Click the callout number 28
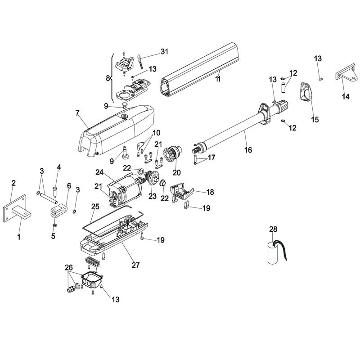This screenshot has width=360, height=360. (x=273, y=230)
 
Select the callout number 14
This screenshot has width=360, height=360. (x=346, y=96)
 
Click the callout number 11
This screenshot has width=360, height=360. (x=218, y=79)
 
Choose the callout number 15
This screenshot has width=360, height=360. (x=315, y=119)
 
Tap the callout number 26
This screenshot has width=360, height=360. (x=68, y=267)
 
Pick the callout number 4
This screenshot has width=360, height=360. (x=58, y=167)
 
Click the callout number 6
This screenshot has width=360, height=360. (x=69, y=185)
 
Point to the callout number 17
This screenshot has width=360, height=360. (x=211, y=157)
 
